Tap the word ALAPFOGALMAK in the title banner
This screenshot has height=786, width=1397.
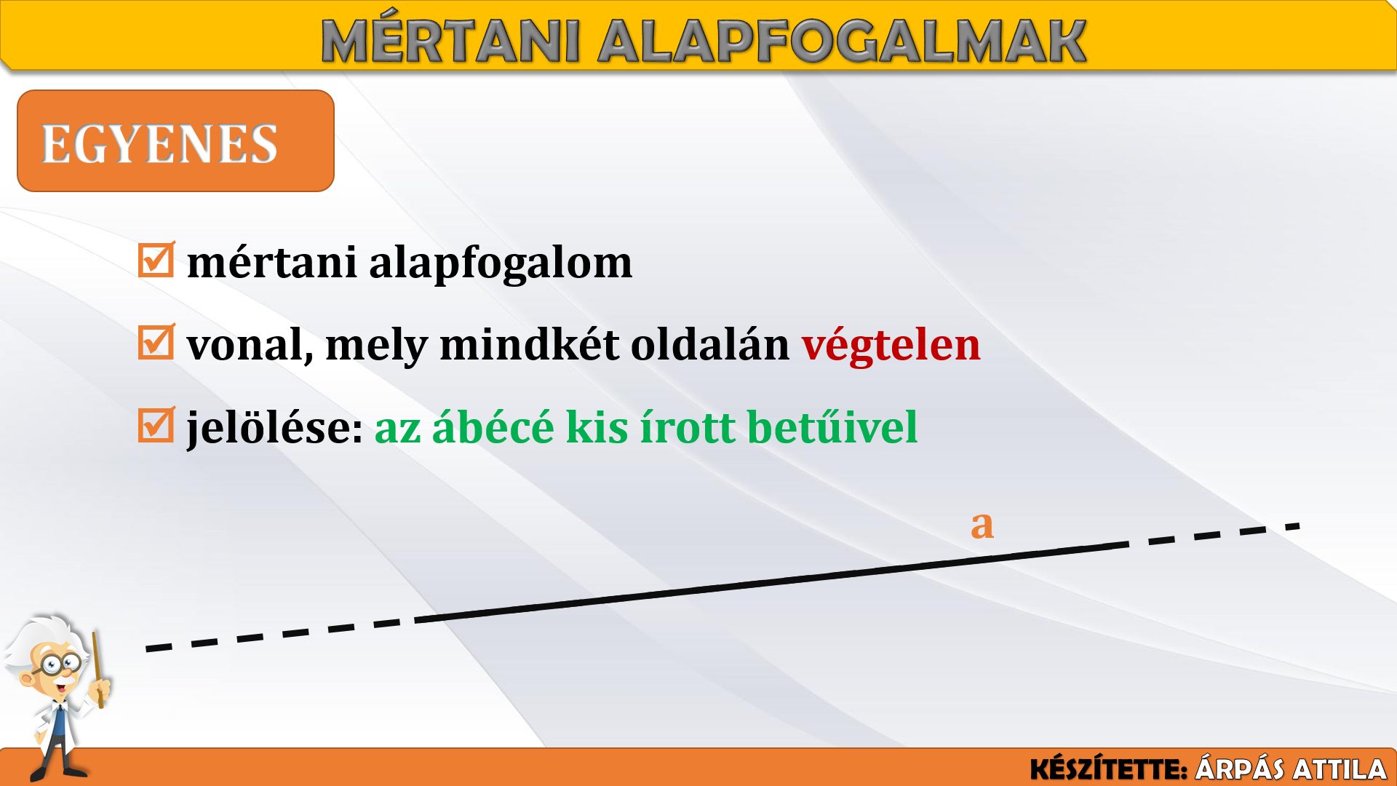click(842, 41)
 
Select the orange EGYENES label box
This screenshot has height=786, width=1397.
click(175, 140)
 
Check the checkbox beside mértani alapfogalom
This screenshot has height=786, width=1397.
click(156, 259)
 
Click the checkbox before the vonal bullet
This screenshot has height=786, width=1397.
click(156, 341)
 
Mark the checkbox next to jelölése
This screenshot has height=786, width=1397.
click(156, 424)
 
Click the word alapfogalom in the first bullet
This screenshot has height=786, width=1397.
click(501, 263)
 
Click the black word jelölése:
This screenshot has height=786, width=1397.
click(275, 428)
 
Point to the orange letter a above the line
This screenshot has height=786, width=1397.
click(982, 524)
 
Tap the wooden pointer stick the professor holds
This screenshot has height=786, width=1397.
click(97, 670)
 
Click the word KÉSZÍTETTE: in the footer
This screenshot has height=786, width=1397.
click(1109, 769)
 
